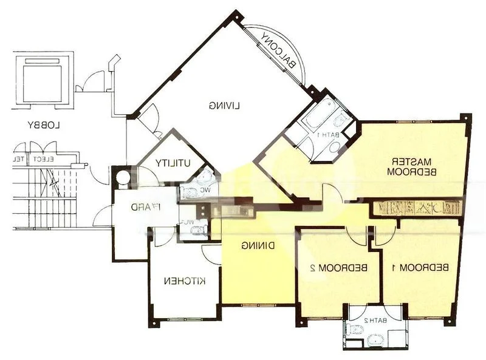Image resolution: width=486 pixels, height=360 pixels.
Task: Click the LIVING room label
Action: tap(225, 105)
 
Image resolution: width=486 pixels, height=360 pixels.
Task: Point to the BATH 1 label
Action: tap(328, 134)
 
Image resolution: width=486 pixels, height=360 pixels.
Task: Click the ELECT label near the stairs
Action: tap(43, 159)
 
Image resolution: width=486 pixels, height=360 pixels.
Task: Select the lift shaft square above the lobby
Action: tap(42, 80)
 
